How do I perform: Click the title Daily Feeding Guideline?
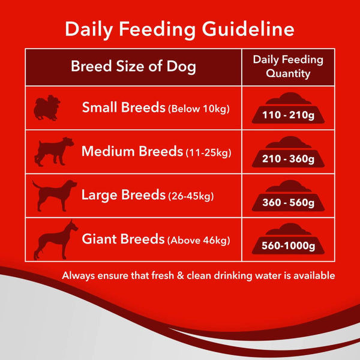click(179, 29)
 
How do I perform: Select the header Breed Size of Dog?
click(133, 66)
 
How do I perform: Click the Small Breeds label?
click(124, 108)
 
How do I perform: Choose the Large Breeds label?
click(123, 195)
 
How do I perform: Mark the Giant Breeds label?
click(123, 239)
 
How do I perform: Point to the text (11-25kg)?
click(208, 152)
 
